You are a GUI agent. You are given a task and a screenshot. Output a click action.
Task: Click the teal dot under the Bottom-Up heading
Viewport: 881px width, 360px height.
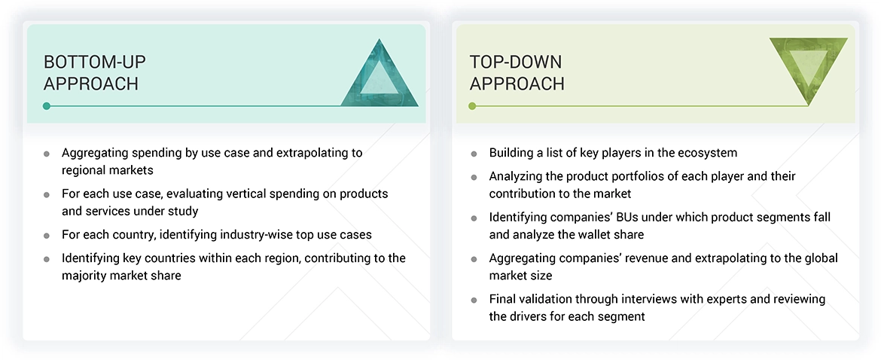coord(47,106)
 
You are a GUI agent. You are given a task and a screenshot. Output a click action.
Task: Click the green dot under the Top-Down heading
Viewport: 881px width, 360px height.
coord(472,106)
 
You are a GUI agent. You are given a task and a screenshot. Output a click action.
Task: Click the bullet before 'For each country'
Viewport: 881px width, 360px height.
coord(47,235)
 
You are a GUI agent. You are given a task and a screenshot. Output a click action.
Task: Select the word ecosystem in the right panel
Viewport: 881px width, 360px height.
coord(709,153)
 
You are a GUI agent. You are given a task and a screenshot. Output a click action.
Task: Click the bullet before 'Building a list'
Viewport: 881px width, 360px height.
coord(474,154)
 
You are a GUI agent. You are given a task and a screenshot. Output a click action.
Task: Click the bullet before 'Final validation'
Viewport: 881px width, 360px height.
coord(474,300)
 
